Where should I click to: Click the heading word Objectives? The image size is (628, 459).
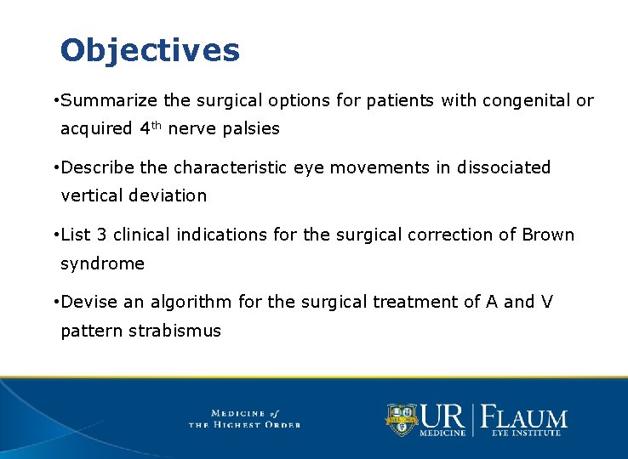click(x=150, y=51)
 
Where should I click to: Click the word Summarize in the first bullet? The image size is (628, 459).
click(x=109, y=100)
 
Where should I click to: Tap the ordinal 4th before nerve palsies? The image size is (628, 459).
click(x=149, y=128)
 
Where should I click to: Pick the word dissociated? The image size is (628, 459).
click(x=504, y=167)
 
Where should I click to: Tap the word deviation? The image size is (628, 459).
click(x=169, y=195)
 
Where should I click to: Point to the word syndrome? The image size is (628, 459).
click(x=102, y=263)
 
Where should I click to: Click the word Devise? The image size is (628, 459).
click(x=89, y=302)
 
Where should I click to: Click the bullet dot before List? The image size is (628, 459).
click(x=54, y=235)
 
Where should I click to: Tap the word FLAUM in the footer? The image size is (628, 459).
click(x=524, y=416)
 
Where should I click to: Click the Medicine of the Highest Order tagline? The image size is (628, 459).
click(x=244, y=418)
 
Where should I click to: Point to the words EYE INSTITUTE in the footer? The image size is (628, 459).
click(x=525, y=433)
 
